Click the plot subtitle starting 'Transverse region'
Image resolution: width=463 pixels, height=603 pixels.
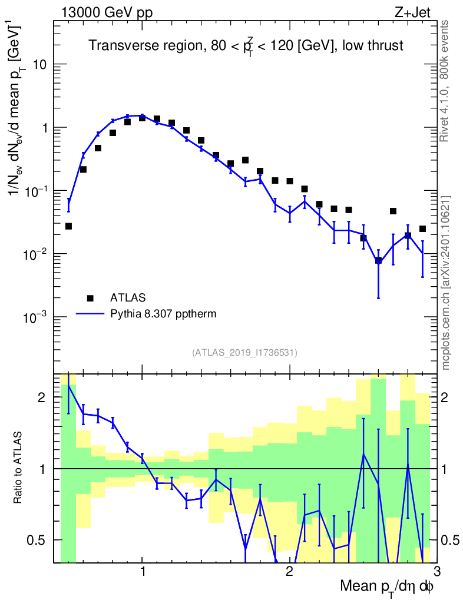point(246,46)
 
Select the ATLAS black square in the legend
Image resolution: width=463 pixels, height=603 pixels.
point(90,297)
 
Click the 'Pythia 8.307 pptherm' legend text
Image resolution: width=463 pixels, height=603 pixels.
point(163,314)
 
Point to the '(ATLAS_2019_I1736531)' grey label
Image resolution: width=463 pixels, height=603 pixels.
point(244,353)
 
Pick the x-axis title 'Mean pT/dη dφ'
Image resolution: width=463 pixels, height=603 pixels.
point(387,588)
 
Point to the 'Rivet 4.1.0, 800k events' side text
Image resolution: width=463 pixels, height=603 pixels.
point(445,81)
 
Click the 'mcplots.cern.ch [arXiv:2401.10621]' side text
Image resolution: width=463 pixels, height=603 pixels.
point(446,283)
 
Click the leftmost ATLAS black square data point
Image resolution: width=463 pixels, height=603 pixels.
point(68,226)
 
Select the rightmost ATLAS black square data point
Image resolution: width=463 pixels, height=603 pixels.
point(422,228)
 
